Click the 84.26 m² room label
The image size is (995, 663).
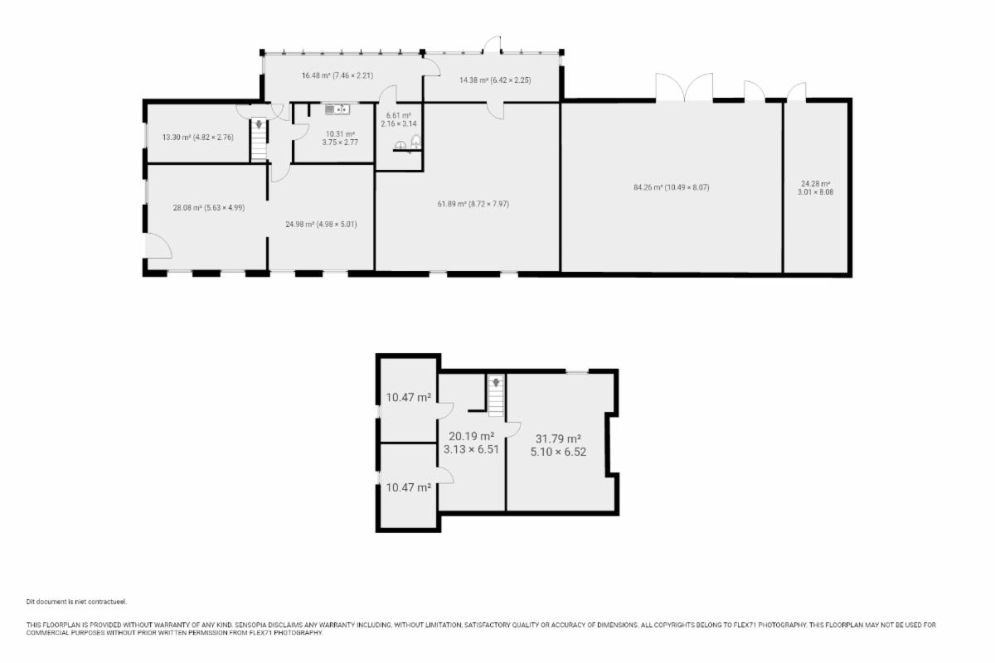tap(671, 187)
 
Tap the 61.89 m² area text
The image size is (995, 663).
tap(473, 204)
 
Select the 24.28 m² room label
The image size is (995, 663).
tap(816, 188)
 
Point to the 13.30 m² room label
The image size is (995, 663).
tap(197, 138)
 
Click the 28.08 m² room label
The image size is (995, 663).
tap(209, 207)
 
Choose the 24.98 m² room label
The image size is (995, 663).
tap(321, 225)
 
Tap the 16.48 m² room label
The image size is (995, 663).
tap(337, 75)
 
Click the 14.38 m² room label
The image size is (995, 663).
tap(495, 80)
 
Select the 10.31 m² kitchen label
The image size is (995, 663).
tap(340, 138)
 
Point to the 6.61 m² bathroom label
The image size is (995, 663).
tap(399, 119)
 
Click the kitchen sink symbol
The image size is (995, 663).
tap(337, 109)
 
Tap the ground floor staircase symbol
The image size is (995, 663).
tap(259, 139)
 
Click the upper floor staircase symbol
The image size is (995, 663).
tap(496, 395)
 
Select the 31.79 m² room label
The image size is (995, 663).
tap(558, 445)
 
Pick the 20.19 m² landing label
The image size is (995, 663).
tap(471, 443)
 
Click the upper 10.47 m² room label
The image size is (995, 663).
tap(408, 398)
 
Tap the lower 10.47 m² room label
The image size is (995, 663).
tap(408, 487)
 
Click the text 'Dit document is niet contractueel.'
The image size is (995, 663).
tap(76, 602)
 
